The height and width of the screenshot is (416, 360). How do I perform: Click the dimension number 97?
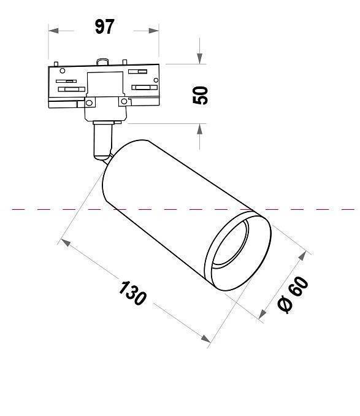point(104,27)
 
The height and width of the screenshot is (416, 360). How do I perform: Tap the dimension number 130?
point(133,293)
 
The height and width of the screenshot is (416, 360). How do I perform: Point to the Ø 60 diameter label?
point(293,295)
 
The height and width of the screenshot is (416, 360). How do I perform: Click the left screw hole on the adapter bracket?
point(89,102)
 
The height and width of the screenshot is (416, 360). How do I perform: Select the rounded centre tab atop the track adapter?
point(102,62)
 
